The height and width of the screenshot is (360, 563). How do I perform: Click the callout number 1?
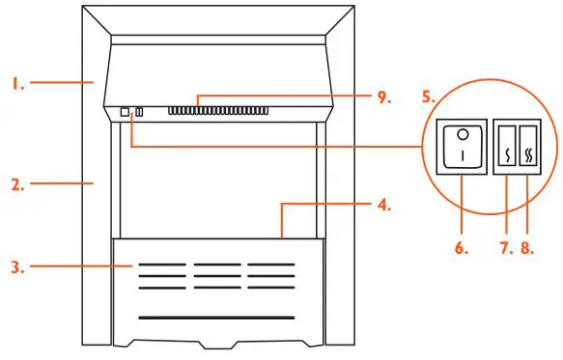[17, 84]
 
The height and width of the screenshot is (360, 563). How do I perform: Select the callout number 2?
[17, 180]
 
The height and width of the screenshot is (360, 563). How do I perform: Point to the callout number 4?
[383, 205]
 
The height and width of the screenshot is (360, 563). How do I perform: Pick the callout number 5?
[429, 98]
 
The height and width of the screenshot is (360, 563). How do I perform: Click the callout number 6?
[461, 248]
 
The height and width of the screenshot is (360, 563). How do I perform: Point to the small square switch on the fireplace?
[125, 112]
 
